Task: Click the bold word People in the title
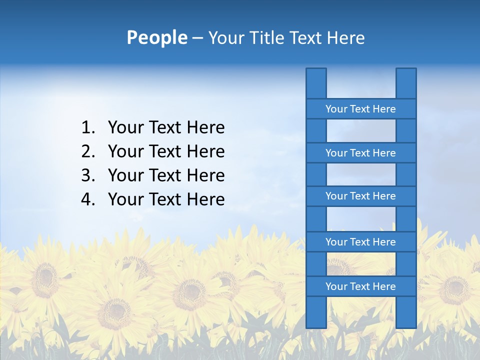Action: tap(156, 37)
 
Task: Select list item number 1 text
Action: tap(166, 127)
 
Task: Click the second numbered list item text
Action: tap(166, 151)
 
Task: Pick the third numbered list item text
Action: tap(166, 175)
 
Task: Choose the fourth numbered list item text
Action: tap(166, 199)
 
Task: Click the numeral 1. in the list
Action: tap(88, 127)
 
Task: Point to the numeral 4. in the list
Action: tap(88, 199)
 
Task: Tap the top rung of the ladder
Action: tap(360, 109)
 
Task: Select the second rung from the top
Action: tap(360, 153)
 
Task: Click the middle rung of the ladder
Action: tap(360, 196)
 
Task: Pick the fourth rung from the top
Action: tap(360, 242)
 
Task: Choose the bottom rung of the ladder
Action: tap(360, 286)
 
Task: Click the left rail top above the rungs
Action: tap(316, 83)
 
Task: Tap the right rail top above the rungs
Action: tap(406, 83)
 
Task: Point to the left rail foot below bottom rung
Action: tap(316, 312)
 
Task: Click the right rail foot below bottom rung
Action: tap(406, 312)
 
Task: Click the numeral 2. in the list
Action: tap(88, 151)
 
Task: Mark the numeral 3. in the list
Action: tap(88, 175)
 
